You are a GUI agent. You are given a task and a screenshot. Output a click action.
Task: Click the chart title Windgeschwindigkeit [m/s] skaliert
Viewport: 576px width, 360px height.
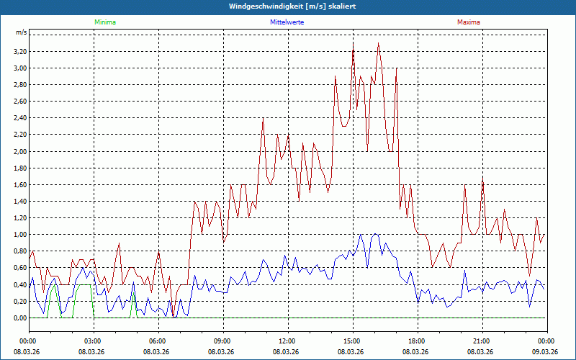[x=288, y=6]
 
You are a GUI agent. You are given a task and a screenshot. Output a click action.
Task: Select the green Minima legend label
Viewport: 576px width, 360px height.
[x=104, y=22]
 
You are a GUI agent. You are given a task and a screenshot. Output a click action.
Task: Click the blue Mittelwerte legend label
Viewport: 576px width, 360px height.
[x=287, y=22]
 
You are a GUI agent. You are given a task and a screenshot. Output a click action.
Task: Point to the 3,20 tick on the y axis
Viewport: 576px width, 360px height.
[x=19, y=52]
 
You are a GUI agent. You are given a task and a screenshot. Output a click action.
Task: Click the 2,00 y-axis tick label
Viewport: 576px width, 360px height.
[x=19, y=151]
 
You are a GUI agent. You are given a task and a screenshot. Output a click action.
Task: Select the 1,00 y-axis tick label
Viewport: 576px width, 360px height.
[x=19, y=235]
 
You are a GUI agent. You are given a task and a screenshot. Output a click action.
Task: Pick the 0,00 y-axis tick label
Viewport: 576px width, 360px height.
[x=19, y=318]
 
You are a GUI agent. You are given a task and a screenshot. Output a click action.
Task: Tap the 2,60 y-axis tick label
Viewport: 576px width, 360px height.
[x=19, y=102]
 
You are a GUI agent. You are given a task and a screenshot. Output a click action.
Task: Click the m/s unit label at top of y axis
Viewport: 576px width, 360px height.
[x=21, y=32]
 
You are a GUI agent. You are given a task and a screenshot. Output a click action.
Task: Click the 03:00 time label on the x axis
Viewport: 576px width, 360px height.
[x=93, y=341]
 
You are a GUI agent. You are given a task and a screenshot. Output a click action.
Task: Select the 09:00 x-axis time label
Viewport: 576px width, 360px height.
[x=222, y=341]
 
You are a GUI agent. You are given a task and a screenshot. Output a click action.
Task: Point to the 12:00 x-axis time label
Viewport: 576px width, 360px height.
[x=287, y=341]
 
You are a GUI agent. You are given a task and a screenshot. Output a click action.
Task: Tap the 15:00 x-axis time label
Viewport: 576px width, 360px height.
[x=352, y=341]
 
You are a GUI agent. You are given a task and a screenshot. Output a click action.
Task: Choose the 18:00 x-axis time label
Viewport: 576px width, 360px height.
[x=417, y=341]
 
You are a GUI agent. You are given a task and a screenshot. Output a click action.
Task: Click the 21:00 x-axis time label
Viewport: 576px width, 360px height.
[x=482, y=341]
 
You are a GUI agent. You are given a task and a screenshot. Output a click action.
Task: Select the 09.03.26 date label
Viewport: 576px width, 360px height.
[x=546, y=351]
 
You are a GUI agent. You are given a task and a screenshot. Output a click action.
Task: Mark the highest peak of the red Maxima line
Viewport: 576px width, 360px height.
[x=354, y=42]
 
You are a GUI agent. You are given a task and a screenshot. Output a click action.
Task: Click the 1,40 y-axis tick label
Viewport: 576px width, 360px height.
[x=19, y=201]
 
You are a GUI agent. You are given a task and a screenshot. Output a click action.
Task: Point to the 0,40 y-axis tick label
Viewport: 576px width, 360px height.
[x=19, y=284]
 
